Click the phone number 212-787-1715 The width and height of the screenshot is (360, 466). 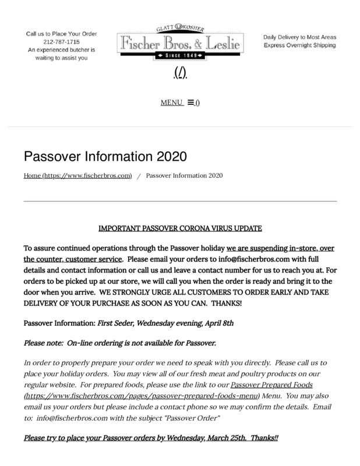pos(61,42)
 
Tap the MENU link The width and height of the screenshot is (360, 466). pos(172,103)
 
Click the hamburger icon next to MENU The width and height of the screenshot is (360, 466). pos(190,103)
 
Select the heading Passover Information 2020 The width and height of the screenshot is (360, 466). pos(105,157)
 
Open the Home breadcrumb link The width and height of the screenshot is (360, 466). pos(77,175)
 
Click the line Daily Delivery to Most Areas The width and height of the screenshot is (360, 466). pos(299,37)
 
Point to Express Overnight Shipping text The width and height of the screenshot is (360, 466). pos(299,45)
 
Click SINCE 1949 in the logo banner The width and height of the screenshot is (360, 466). pos(179,57)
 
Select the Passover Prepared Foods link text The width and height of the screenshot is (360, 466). pos(271,385)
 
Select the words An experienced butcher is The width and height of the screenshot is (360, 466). pos(61,50)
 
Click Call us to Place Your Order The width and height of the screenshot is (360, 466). pos(61,34)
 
